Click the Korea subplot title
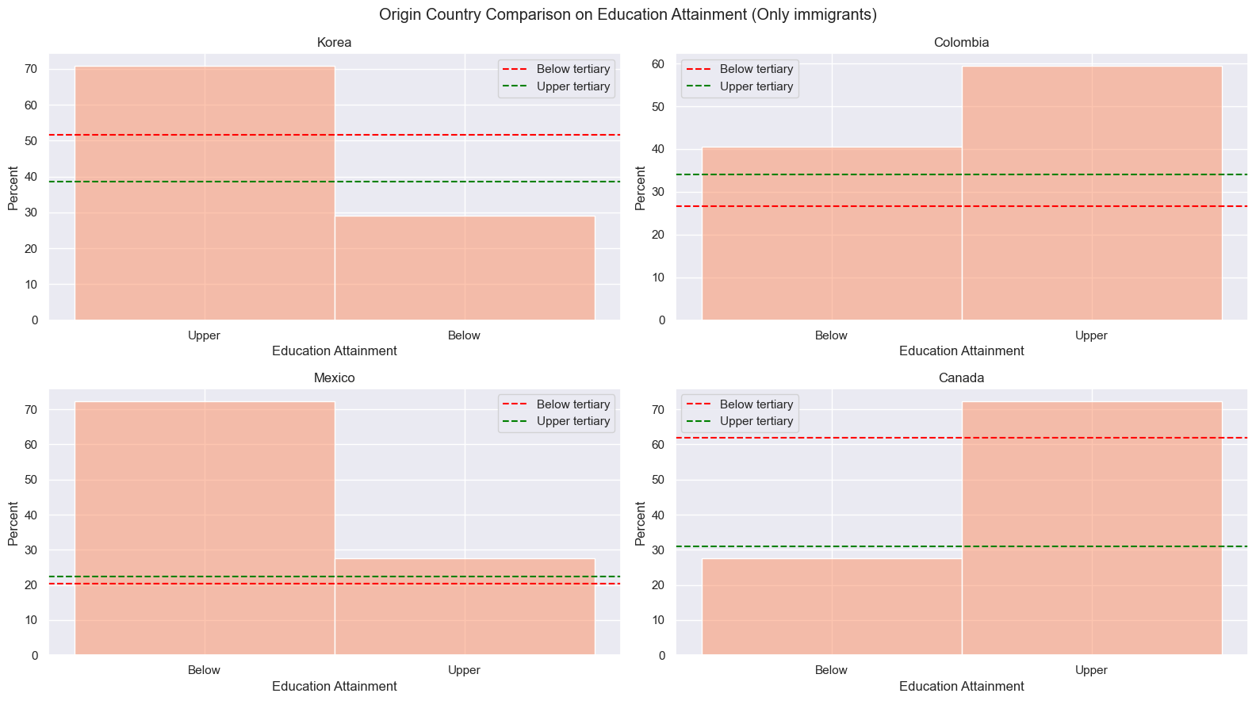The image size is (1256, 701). point(334,43)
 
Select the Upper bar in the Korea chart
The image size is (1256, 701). point(205,193)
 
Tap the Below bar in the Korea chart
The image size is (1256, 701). point(465,268)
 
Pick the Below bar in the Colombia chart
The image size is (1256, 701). point(832,234)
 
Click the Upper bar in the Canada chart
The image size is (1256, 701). point(1092,527)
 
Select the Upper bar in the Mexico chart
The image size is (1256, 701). point(465,607)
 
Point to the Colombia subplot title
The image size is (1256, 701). point(962,43)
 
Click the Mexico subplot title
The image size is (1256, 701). point(334,378)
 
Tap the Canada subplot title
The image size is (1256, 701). point(962,378)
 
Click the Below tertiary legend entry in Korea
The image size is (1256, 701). point(556,69)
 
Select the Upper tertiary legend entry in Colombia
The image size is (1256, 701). point(739,86)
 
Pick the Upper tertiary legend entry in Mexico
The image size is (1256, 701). point(556,421)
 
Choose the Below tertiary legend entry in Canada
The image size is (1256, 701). point(739,404)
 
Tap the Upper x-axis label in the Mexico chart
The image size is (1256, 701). point(465,670)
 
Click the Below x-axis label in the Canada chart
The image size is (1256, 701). point(831,670)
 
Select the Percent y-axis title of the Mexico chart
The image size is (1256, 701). point(13,523)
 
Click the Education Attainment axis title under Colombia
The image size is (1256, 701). point(962,351)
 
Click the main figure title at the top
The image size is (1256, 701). point(628,14)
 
